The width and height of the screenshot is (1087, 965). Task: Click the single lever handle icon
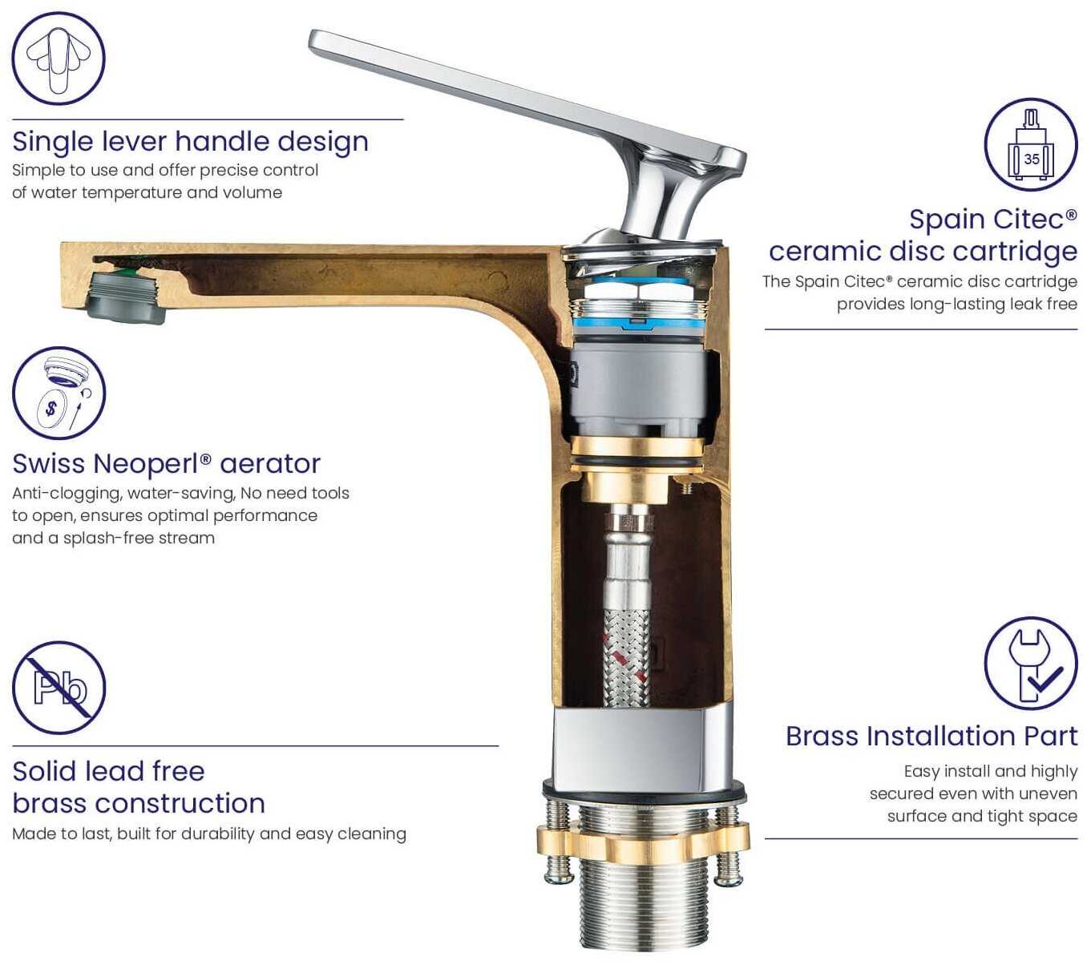pos(58,59)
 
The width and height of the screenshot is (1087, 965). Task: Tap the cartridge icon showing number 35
pos(1030,144)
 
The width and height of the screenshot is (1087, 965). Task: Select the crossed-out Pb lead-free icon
pos(59,688)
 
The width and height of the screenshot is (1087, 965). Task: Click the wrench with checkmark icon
pos(1030,664)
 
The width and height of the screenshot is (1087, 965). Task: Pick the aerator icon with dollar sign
pos(59,394)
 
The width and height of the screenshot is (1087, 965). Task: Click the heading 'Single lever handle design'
pos(191,142)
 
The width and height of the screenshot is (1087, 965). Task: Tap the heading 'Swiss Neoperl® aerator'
pos(166,463)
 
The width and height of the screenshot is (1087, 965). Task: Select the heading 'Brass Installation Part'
pos(931,736)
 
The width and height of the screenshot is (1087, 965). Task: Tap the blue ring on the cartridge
pos(637,324)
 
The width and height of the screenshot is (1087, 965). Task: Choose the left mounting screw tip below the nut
pos(559,875)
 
